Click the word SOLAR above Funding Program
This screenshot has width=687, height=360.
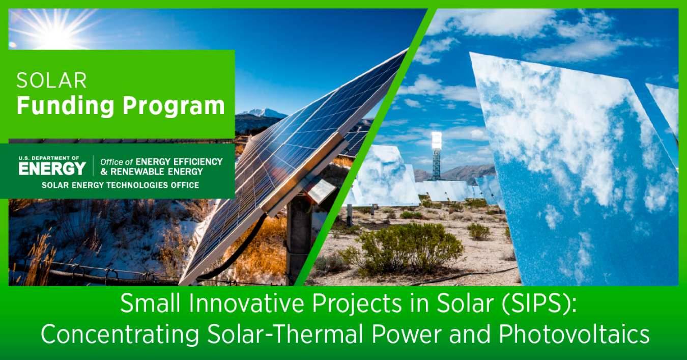(x=51, y=80)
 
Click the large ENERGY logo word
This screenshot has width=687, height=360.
(x=52, y=169)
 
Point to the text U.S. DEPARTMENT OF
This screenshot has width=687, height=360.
(x=49, y=158)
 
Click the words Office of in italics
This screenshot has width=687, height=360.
(x=117, y=162)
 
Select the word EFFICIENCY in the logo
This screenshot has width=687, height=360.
(x=198, y=162)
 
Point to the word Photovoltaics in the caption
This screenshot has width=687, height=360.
(x=574, y=334)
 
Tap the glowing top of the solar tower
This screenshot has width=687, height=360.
(x=436, y=140)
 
